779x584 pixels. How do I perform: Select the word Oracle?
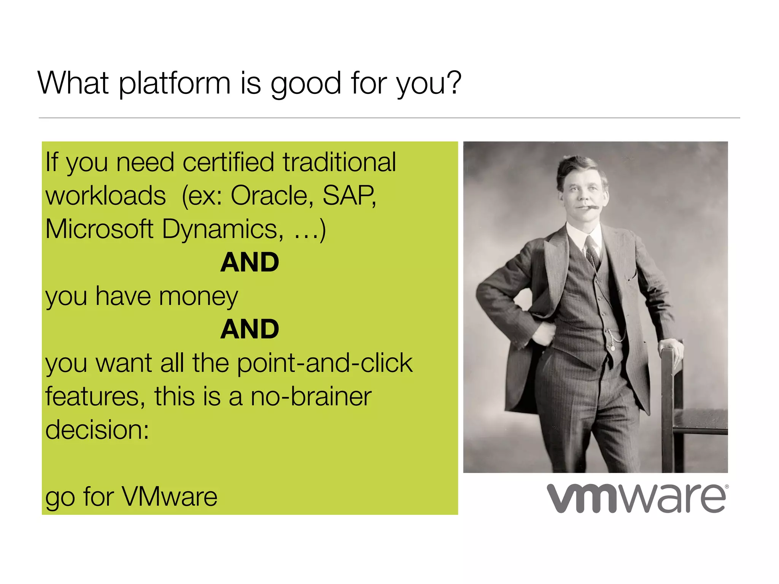(272, 195)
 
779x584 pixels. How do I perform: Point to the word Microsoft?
(99, 229)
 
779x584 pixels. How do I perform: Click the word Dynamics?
(223, 230)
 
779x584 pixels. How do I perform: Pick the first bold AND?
(250, 262)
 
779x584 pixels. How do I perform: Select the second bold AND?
(250, 329)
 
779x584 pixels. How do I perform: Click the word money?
(198, 297)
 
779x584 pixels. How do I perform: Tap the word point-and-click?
(325, 363)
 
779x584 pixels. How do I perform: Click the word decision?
(97, 430)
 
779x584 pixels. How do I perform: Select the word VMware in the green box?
(169, 497)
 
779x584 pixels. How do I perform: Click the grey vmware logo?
(637, 498)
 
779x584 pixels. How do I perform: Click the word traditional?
(339, 162)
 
